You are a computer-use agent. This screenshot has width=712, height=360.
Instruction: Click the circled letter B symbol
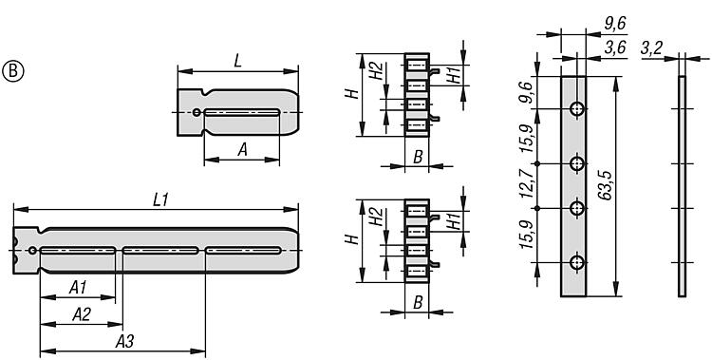[x=13, y=71]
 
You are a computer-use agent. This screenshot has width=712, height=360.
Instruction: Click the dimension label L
[x=237, y=62]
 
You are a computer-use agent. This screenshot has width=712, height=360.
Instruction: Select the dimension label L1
[x=160, y=200]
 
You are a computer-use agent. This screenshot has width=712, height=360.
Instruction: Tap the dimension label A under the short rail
[x=243, y=150]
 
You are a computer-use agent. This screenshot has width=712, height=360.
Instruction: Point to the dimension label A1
[x=78, y=287]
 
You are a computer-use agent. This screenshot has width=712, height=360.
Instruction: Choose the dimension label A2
[x=82, y=314]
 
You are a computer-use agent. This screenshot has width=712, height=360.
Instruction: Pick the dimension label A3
[x=124, y=342]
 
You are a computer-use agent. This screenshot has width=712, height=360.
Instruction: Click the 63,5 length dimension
[x=605, y=186]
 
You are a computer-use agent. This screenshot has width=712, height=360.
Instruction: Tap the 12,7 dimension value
[x=526, y=183]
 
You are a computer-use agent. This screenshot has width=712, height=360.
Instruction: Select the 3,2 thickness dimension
[x=652, y=47]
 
